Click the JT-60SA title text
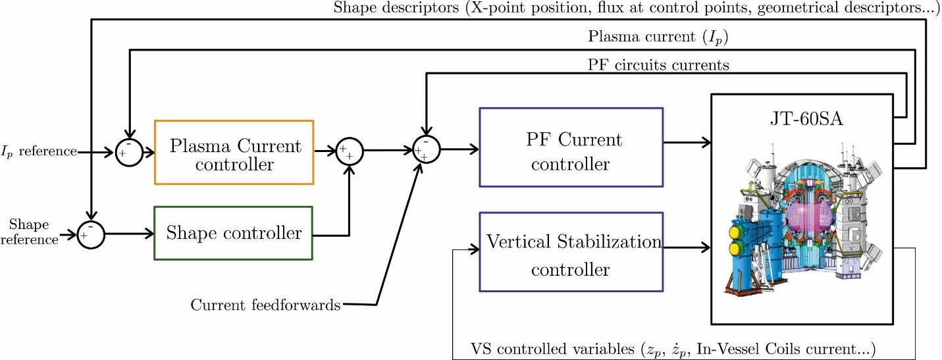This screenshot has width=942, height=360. point(806,118)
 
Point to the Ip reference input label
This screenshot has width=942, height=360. point(39,151)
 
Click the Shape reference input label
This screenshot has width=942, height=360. point(29,232)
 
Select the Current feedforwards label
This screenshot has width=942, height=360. point(265,305)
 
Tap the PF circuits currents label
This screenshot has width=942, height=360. point(658,64)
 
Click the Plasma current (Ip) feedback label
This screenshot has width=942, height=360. point(658,37)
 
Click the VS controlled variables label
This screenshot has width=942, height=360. point(673,349)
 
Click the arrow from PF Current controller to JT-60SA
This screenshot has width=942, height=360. point(687,143)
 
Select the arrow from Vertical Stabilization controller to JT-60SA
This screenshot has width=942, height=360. point(687,247)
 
